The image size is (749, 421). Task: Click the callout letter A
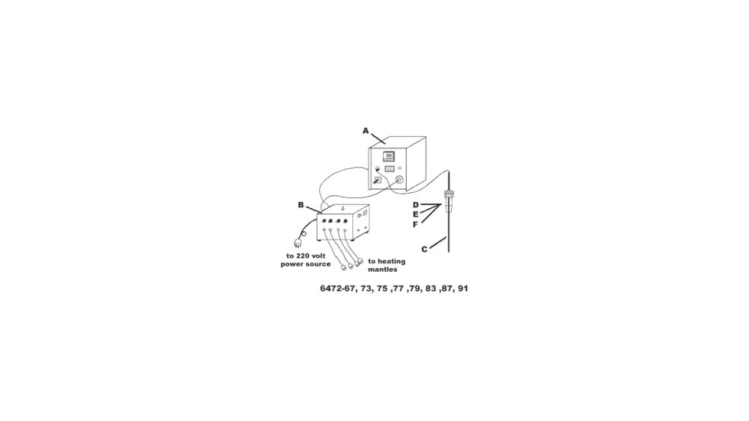point(366,131)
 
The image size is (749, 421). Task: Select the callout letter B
point(301,205)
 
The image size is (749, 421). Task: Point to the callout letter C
point(424,250)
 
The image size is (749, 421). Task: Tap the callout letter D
point(416,205)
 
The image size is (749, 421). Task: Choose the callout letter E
point(416,214)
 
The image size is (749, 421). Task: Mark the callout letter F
point(416,224)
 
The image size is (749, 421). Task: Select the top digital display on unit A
point(389,156)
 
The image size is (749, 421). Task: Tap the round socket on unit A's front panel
point(397,181)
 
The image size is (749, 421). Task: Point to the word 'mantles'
point(383,269)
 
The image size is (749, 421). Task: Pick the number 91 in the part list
point(463,289)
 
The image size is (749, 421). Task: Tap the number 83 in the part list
point(430,289)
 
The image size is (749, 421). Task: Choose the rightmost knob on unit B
point(345,221)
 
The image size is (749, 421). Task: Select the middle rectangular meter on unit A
point(389,168)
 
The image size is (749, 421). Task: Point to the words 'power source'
point(306,264)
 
